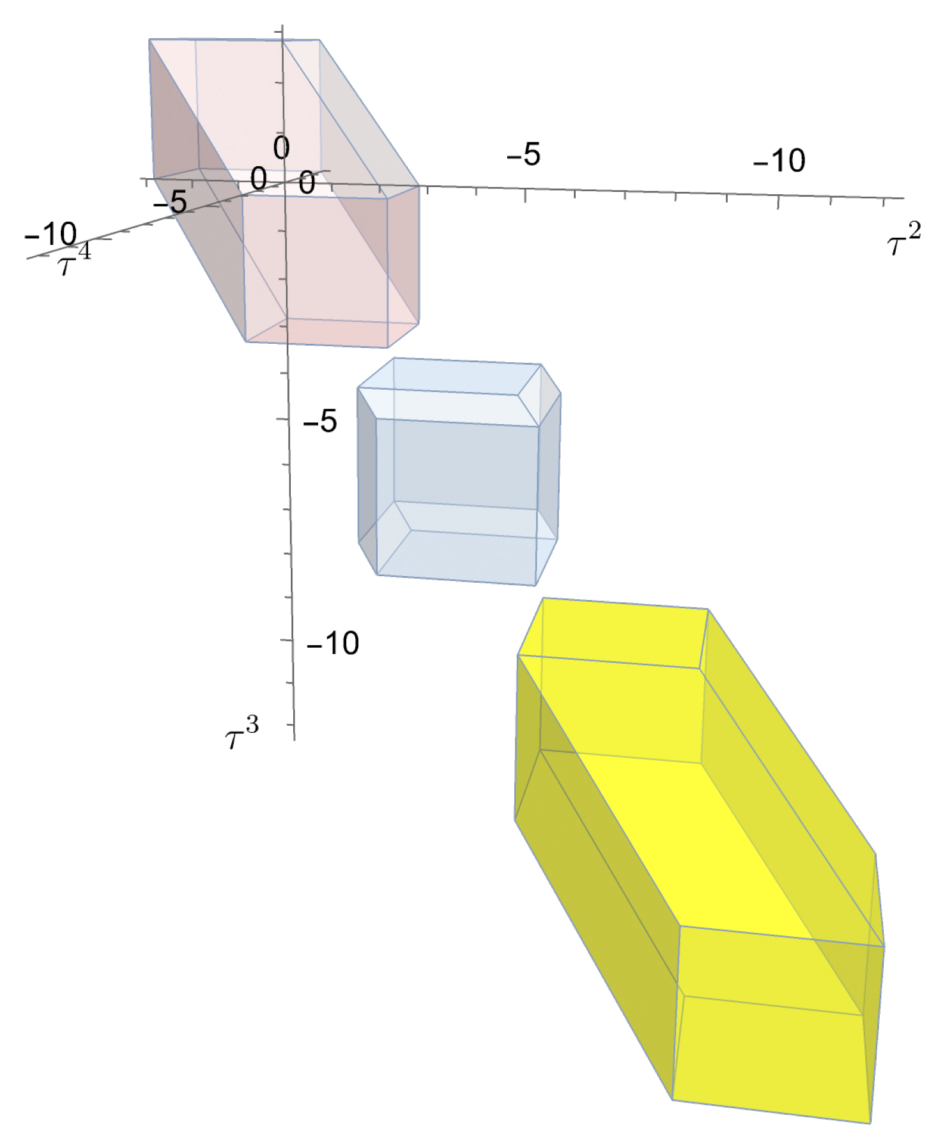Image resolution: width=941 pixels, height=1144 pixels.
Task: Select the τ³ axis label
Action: point(242,734)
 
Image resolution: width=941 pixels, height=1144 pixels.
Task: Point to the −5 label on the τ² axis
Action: point(523,154)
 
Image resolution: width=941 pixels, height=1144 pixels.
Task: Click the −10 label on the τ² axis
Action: point(779,160)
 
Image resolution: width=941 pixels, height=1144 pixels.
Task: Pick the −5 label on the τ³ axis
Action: point(320,421)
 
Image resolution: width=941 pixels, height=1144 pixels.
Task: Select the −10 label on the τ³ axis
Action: point(333,643)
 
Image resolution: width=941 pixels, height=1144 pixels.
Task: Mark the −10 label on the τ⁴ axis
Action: point(51,234)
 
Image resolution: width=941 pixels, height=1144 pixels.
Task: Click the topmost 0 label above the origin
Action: point(282,147)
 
